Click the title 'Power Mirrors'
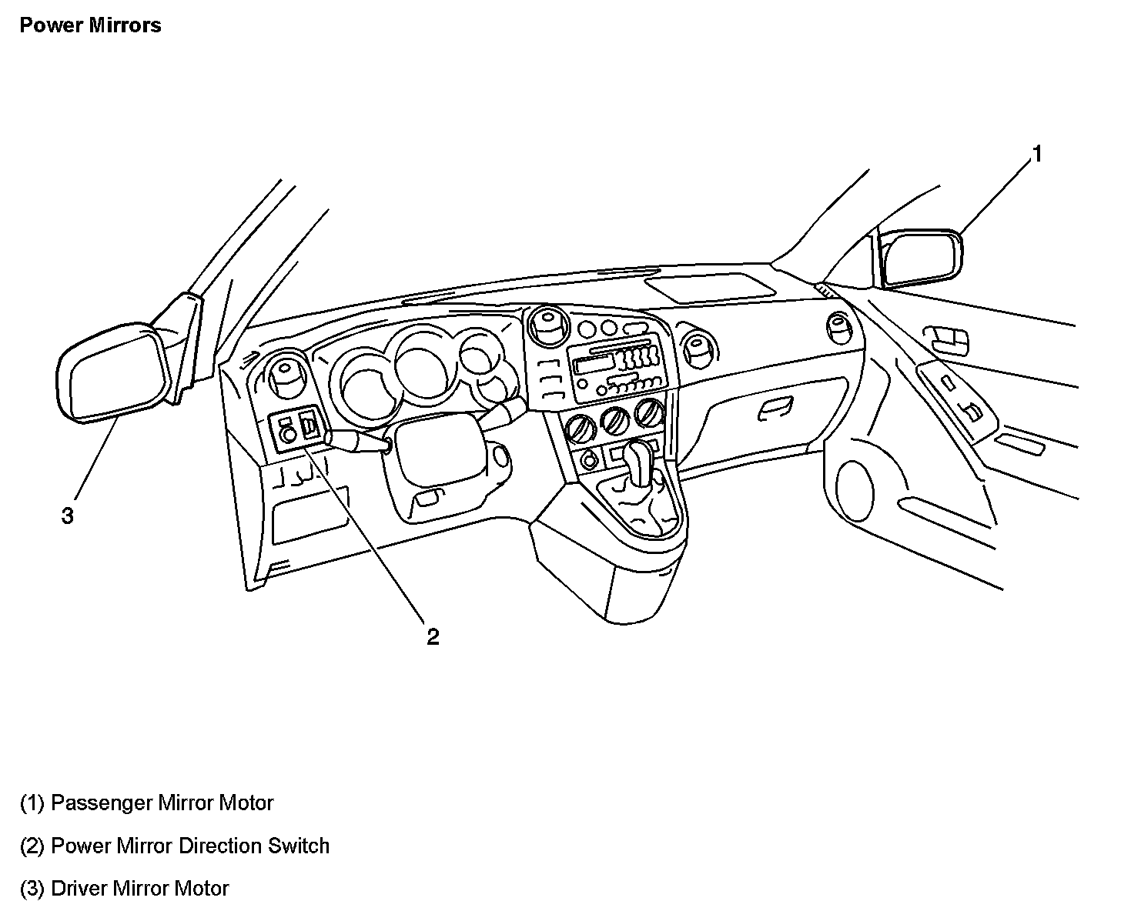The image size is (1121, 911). click(90, 25)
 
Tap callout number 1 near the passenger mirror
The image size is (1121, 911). click(1036, 155)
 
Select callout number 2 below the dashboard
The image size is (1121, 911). click(433, 636)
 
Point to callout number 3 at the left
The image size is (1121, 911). click(68, 516)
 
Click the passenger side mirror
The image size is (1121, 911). click(921, 259)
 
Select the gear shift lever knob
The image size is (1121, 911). click(638, 459)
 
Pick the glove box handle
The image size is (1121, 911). click(775, 411)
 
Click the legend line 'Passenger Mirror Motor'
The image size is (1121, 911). click(146, 803)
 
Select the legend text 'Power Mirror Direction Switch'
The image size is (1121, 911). click(175, 846)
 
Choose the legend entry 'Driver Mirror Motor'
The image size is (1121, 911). click(124, 888)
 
